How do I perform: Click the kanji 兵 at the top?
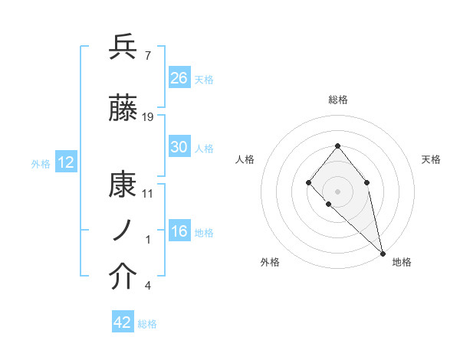click(123, 47)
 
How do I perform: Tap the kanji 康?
click(123, 185)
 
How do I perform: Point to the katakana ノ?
click(123, 230)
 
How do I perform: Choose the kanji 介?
click(123, 277)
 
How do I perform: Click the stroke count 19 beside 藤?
click(148, 117)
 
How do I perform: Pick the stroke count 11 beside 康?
click(148, 193)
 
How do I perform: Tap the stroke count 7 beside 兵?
click(147, 54)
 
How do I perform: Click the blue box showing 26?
click(179, 77)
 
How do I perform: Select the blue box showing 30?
click(179, 147)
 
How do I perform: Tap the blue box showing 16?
click(179, 232)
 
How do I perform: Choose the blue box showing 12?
click(65, 162)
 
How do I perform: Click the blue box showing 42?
click(123, 322)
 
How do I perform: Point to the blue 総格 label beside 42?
click(148, 324)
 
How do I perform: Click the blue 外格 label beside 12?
click(41, 163)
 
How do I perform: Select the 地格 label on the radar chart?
click(402, 262)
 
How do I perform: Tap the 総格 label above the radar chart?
click(338, 100)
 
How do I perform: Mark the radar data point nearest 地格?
click(383, 253)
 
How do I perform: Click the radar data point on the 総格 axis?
click(337, 146)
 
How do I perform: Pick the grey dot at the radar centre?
click(337, 191)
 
